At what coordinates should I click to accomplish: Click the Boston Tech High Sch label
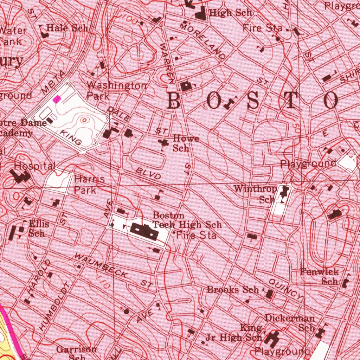(x=187, y=220)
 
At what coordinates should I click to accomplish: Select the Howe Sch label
(x=185, y=143)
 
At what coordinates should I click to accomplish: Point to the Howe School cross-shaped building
(x=163, y=142)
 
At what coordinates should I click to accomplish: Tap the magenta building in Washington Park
(x=56, y=99)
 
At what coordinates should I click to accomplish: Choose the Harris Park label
(x=89, y=185)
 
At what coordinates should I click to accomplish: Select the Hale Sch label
(x=67, y=28)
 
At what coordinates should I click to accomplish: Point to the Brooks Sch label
(x=233, y=290)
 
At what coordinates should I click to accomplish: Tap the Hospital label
(x=35, y=166)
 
